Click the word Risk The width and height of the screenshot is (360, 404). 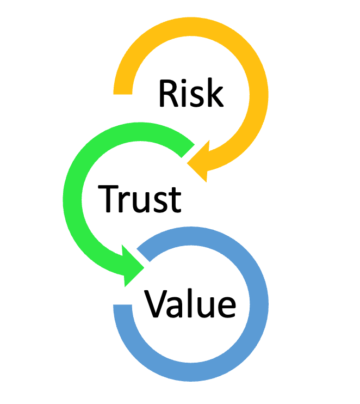191,93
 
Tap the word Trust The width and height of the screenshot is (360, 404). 140,199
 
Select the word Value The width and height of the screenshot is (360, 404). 190,303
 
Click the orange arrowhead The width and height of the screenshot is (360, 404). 200,162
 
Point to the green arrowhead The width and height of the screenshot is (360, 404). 131,266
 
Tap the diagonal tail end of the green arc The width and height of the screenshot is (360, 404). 188,151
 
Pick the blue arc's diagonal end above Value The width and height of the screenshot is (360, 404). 143,255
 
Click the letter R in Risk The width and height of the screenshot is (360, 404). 168,93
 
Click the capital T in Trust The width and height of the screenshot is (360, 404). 108,198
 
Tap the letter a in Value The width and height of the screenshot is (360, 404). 176,307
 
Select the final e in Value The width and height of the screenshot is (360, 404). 227,307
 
